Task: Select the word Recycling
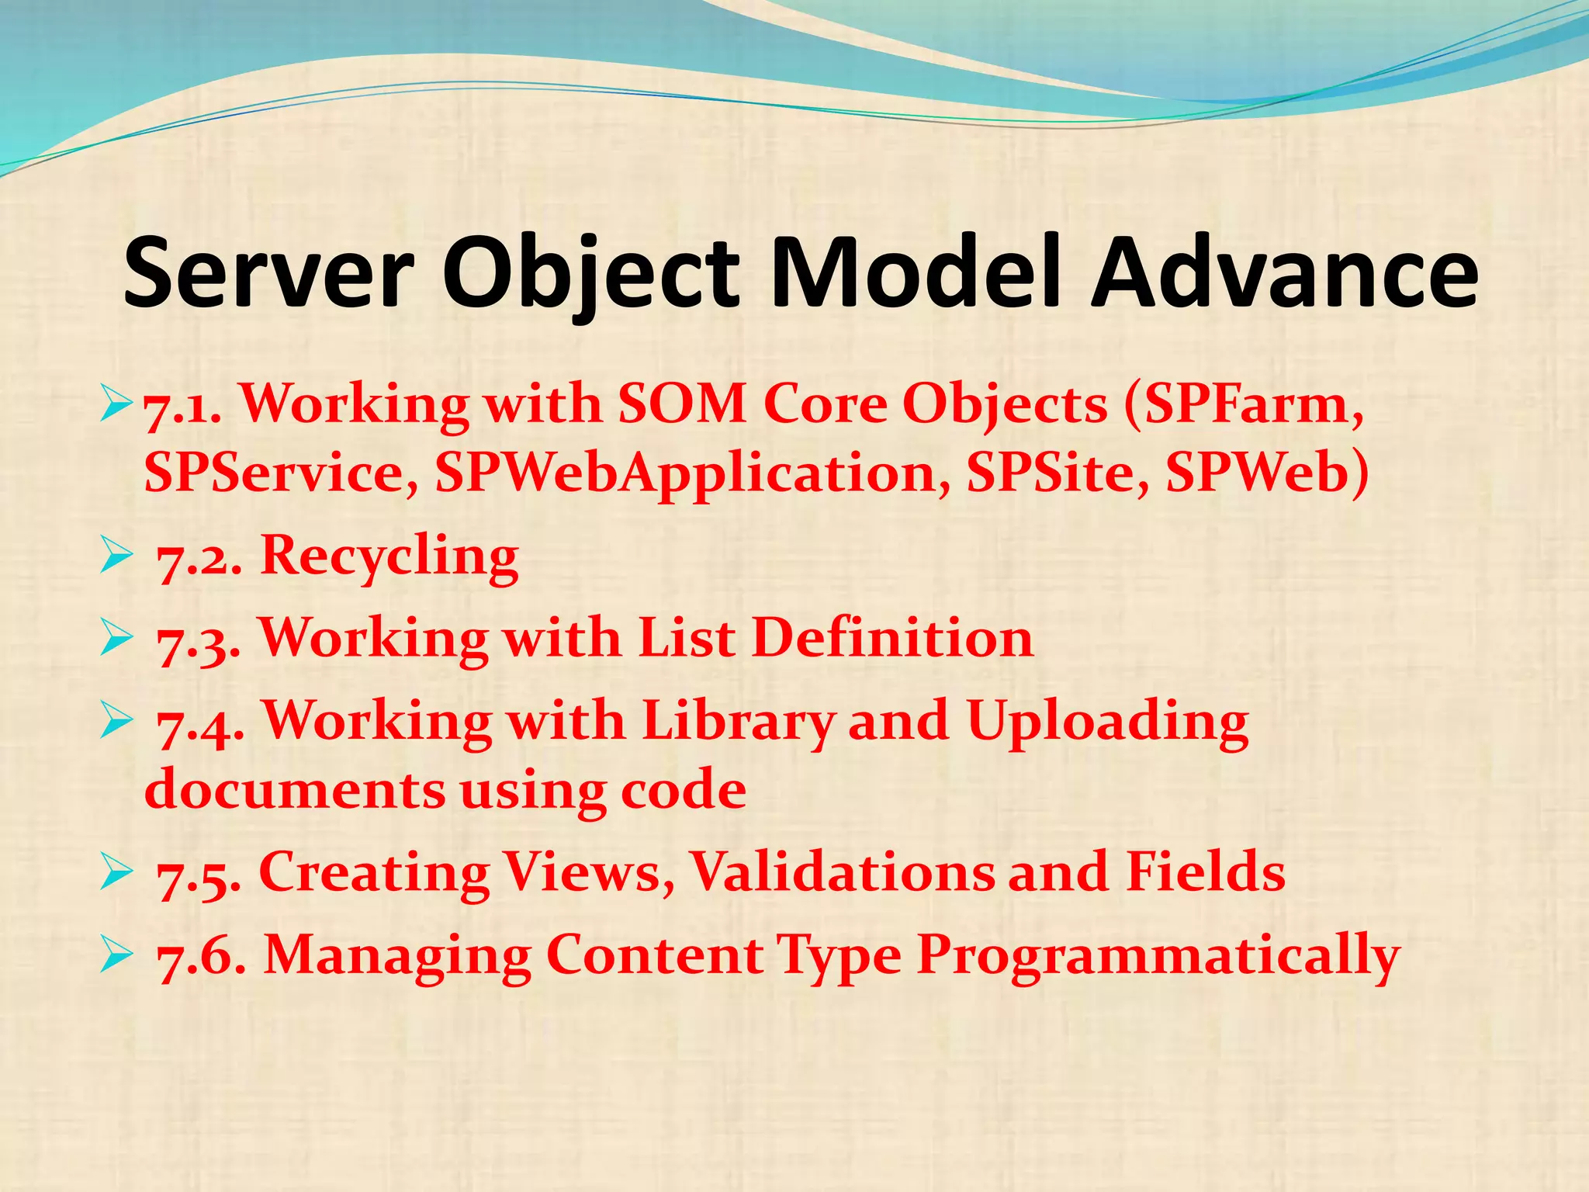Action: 389,557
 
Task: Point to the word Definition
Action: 892,638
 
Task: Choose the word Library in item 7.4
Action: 737,722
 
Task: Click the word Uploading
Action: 1108,722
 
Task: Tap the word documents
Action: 295,789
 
